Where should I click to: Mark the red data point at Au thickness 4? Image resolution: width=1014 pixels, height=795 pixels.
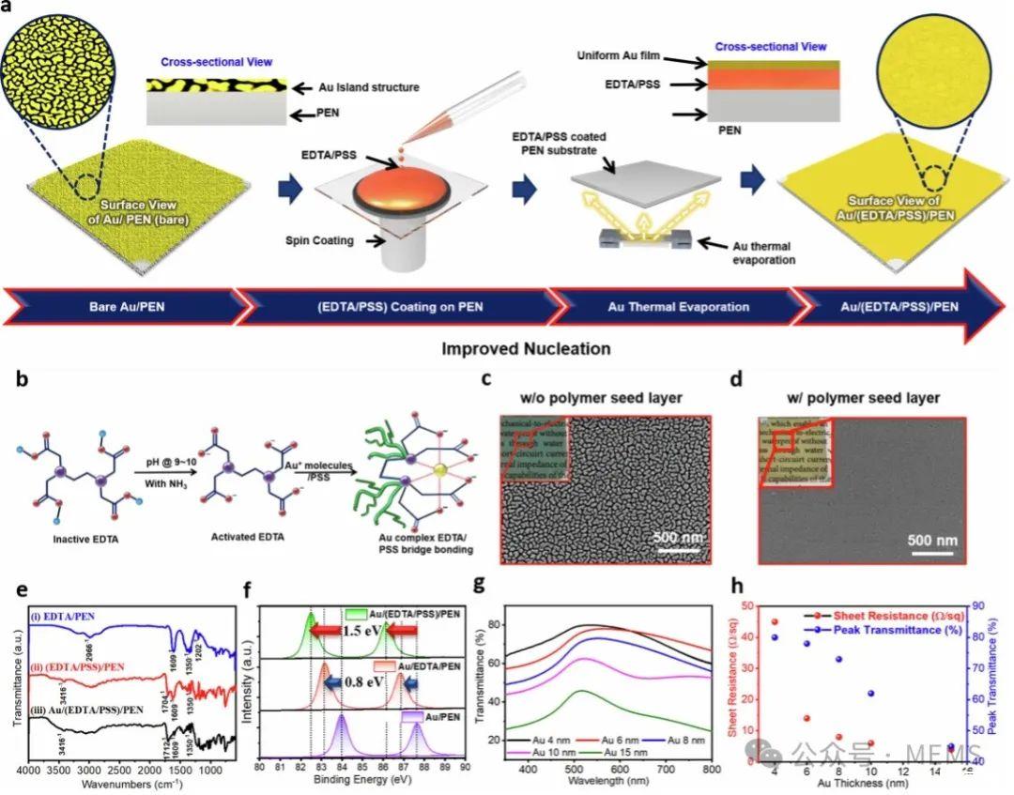coord(775,621)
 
